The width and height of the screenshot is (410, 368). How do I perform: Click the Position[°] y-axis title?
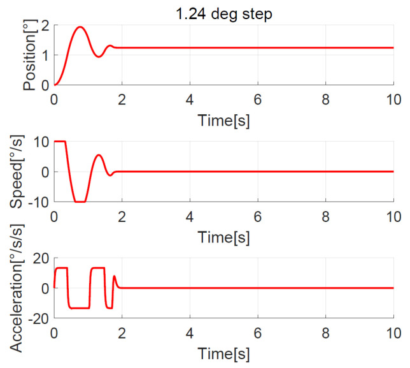29,54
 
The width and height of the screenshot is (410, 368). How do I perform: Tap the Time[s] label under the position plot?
223,119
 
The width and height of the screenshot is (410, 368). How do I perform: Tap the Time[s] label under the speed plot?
223,237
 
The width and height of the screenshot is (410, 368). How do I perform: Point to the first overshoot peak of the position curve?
80,27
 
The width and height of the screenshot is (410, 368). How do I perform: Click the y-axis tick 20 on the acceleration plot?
40,258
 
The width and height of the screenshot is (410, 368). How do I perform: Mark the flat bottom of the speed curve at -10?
80,202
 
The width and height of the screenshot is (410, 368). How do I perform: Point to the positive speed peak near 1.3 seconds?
98,155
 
